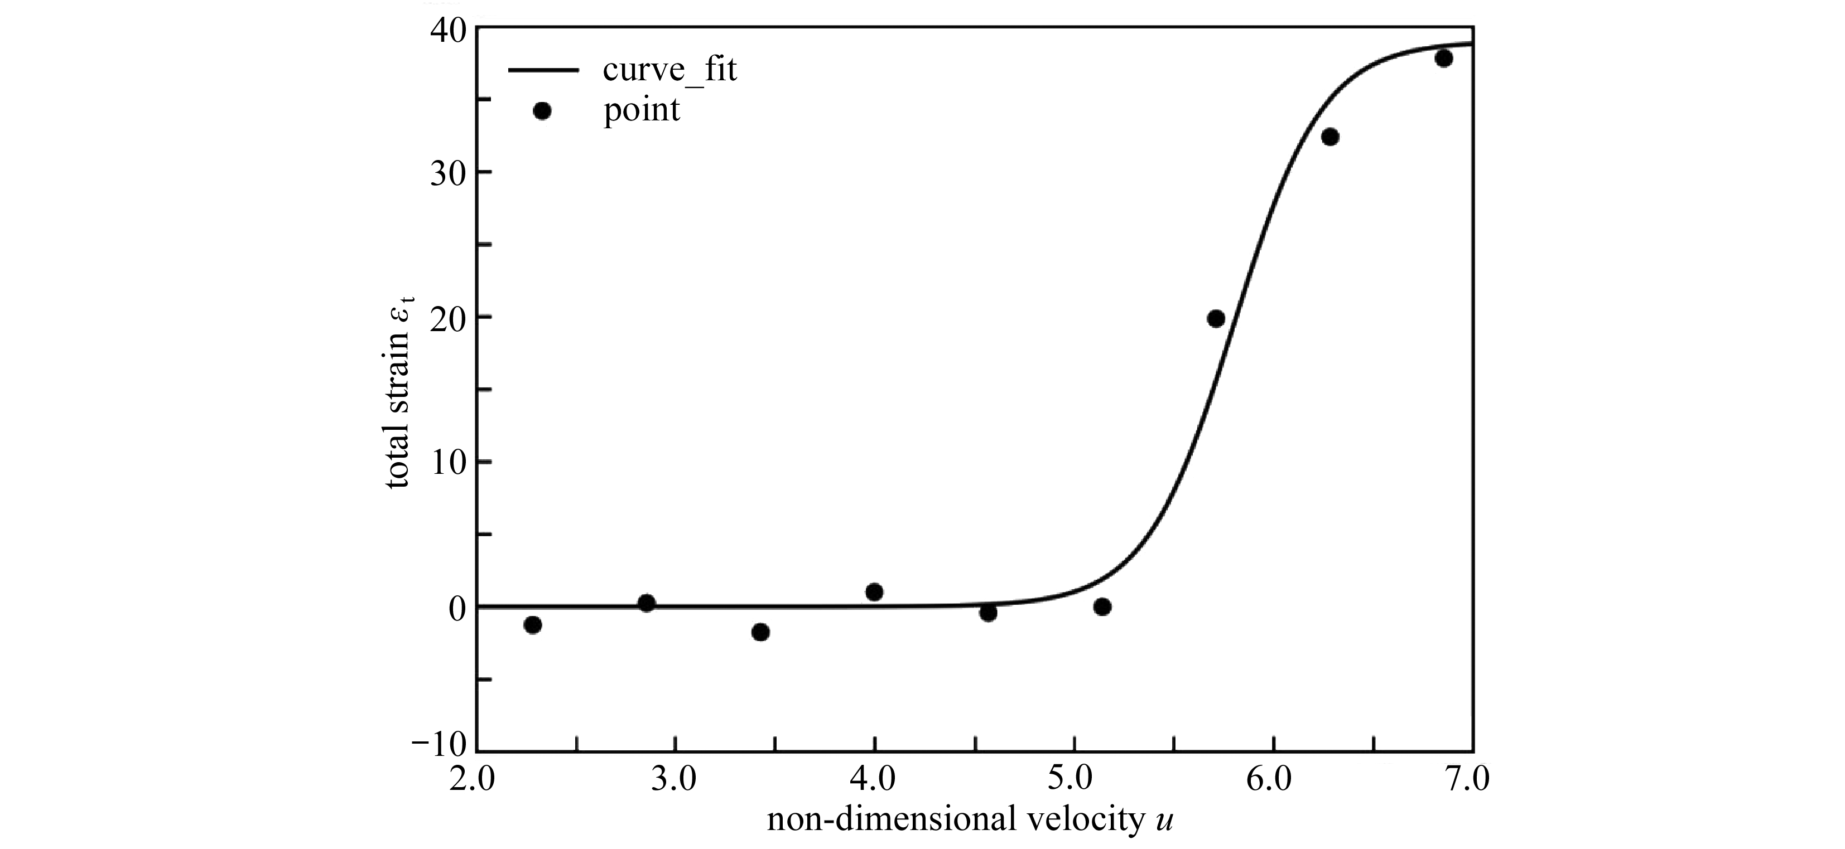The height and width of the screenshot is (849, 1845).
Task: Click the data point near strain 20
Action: (1216, 318)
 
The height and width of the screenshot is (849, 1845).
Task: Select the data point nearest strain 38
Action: (1444, 58)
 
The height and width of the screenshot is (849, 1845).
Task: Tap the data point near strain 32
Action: (1330, 137)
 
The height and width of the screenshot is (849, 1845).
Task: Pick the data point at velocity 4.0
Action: (874, 592)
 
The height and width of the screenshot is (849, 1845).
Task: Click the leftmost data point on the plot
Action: (533, 625)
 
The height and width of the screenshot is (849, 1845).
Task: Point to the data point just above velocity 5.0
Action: (1102, 607)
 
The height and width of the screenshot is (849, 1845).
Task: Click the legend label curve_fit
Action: (669, 70)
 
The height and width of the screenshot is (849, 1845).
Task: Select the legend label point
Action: (642, 110)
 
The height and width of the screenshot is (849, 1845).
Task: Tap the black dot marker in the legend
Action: (542, 111)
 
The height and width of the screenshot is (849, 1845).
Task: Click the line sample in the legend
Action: (542, 70)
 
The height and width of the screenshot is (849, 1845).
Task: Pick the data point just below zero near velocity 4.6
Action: (989, 613)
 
